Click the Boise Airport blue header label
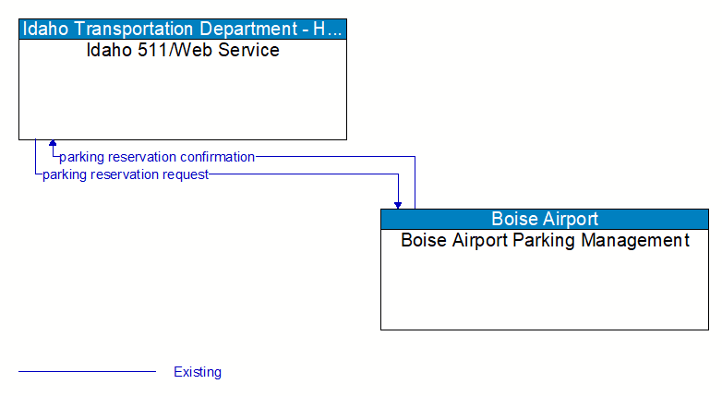(544, 219)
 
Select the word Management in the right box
(638, 241)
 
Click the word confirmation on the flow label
(218, 157)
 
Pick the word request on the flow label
(185, 174)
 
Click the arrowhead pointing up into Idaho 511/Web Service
(53, 144)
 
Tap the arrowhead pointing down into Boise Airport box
(398, 204)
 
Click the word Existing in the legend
(198, 372)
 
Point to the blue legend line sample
(87, 372)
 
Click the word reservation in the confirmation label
(142, 157)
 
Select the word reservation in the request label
(125, 174)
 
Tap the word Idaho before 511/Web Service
(107, 50)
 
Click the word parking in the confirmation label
(80, 157)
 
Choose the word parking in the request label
(64, 174)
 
